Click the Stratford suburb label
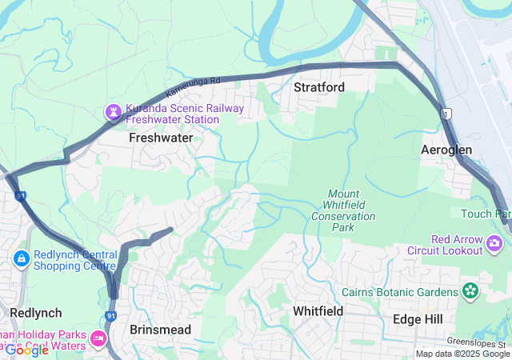coord(318,86)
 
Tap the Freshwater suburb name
coord(161,138)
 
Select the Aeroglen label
coord(446,150)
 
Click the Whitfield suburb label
coord(318,310)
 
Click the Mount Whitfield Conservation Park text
coord(343,210)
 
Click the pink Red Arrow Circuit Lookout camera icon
coord(497,241)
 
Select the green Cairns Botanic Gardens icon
coord(470,291)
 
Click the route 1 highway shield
coord(446,115)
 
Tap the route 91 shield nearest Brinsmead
coord(111,317)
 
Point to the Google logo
coord(26,350)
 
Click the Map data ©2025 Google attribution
coord(462,354)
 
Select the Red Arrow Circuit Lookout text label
coord(457,245)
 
